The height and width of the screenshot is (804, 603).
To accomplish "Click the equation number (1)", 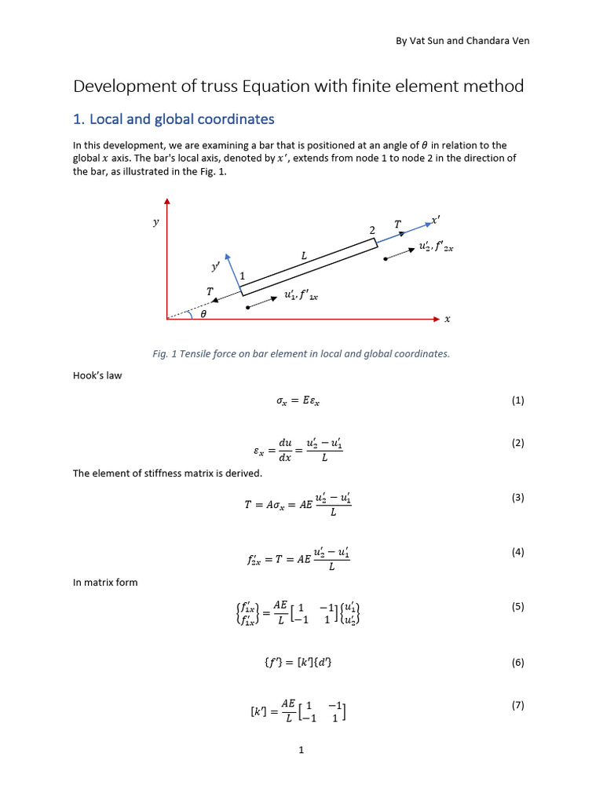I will [x=517, y=400].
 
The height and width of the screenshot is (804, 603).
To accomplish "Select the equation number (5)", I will [x=517, y=607].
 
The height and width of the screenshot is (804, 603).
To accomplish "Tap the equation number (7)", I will [x=517, y=705].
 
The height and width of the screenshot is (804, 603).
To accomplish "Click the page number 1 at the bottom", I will [x=301, y=751].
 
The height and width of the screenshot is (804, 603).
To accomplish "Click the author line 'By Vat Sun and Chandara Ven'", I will [x=462, y=40].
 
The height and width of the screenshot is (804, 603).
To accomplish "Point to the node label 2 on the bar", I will [x=372, y=230].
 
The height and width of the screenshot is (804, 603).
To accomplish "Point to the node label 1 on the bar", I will [x=243, y=276].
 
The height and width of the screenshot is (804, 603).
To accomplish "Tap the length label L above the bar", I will [x=304, y=255].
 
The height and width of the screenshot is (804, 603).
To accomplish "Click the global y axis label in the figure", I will [x=155, y=222].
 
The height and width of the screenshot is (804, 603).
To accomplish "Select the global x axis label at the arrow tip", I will [x=448, y=319].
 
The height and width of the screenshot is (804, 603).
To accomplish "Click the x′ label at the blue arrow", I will [x=437, y=221].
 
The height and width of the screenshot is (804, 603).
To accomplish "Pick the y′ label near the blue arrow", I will [x=215, y=267].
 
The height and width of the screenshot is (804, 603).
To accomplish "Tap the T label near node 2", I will [x=397, y=225].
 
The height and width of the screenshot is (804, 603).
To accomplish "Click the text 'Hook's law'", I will [x=97, y=375].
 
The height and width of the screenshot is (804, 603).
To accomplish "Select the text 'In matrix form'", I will [x=105, y=582].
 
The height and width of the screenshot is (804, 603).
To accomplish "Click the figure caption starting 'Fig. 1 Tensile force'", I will [x=301, y=353].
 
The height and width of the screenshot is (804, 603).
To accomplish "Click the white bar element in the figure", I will [x=309, y=268].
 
